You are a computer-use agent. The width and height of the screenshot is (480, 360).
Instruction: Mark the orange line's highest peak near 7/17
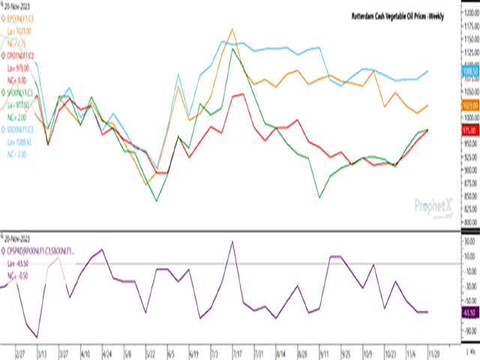pos(232,29)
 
